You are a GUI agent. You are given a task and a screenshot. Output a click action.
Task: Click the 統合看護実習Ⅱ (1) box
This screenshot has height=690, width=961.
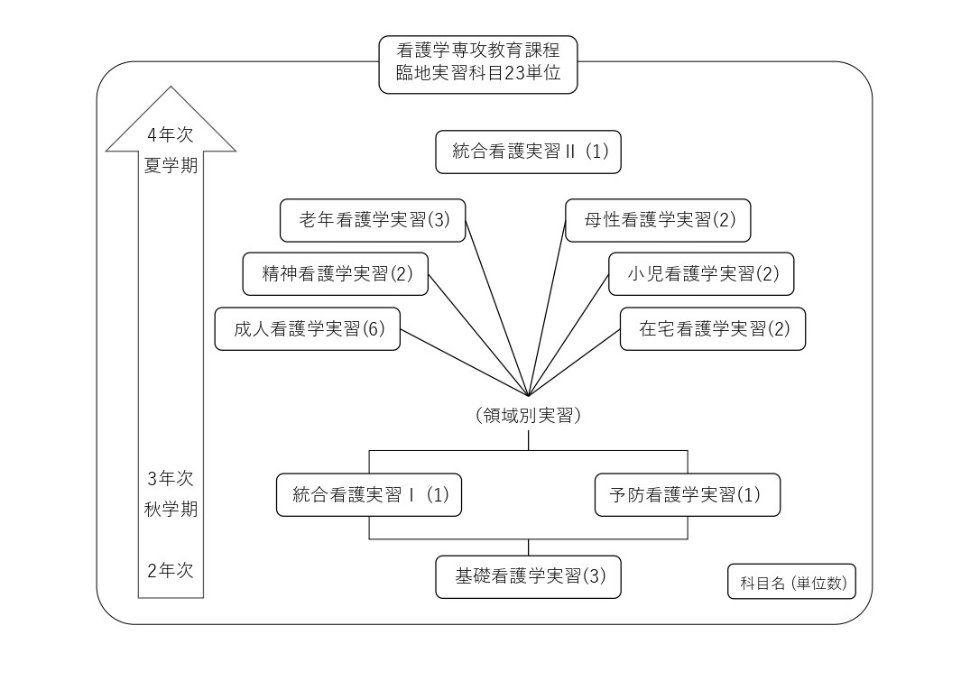[x=529, y=152]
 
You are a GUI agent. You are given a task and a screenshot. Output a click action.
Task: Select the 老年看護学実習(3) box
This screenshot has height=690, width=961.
[x=373, y=220]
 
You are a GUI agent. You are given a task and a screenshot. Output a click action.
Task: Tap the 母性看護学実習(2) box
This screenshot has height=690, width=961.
[x=658, y=220]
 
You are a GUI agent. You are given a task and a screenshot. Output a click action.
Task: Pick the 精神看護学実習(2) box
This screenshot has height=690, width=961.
[x=336, y=273]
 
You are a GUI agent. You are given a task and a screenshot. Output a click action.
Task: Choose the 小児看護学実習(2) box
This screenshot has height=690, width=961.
[x=701, y=273]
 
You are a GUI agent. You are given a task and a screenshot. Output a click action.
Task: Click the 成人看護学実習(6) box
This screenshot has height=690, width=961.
[x=308, y=328]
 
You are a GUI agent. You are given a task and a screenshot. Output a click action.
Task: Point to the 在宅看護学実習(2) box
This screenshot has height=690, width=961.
[x=713, y=328]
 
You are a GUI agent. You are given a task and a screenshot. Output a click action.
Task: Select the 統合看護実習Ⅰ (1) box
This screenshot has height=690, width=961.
[x=369, y=494]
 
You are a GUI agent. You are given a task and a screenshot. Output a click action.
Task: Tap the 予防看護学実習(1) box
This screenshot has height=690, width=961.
[x=688, y=494]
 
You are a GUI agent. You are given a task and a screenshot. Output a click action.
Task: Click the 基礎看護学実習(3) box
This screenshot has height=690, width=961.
[x=529, y=576]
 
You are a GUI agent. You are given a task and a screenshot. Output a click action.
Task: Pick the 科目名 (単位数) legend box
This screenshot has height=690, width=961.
[x=792, y=583]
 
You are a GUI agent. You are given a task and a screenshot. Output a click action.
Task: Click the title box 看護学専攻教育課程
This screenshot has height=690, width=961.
[x=478, y=63]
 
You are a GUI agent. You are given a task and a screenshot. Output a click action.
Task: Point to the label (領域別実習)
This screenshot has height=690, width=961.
[x=528, y=416]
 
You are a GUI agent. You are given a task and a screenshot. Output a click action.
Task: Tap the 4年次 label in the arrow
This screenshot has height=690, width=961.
[x=171, y=134]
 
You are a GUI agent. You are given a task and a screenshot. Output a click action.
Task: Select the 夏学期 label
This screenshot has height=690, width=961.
[x=171, y=166]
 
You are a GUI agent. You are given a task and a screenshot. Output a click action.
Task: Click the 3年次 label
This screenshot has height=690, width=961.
[x=171, y=478]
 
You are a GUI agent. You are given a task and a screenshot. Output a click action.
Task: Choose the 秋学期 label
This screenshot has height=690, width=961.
[x=171, y=509]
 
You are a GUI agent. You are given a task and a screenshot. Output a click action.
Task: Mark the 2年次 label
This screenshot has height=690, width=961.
[x=171, y=570]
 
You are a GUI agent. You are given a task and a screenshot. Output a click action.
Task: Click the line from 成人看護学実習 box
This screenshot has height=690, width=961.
[x=465, y=362]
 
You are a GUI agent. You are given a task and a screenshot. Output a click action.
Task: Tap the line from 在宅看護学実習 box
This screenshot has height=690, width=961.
[x=575, y=362]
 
